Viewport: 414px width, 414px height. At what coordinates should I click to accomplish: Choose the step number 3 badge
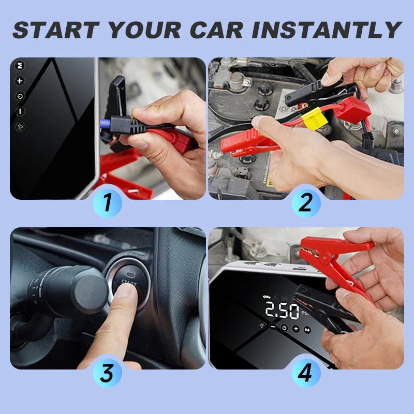[108, 372]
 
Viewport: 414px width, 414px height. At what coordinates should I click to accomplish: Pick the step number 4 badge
[306, 372]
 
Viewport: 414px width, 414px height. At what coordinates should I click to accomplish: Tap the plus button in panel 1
[20, 81]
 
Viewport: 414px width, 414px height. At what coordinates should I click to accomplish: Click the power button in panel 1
[20, 96]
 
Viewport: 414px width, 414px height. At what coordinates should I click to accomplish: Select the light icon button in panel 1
[20, 126]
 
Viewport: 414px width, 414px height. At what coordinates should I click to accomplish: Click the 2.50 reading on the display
[282, 311]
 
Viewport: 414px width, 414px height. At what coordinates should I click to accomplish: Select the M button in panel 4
[307, 329]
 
